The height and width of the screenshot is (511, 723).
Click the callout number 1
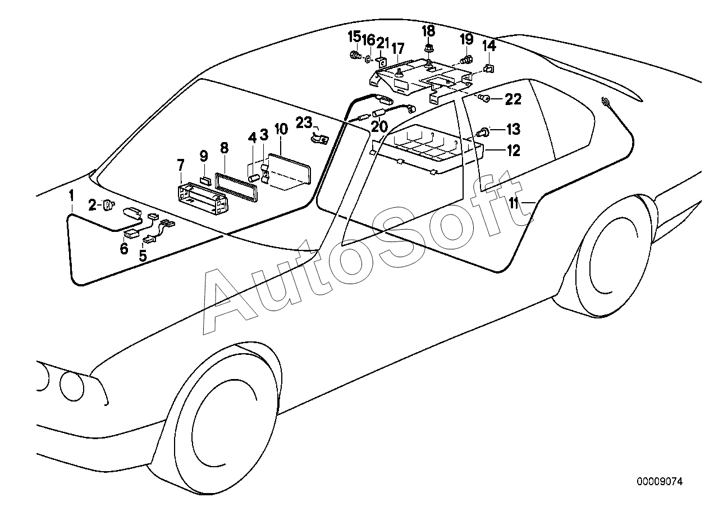pos(72,196)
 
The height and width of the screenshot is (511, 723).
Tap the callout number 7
pos(180,165)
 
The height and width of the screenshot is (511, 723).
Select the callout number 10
pos(281,129)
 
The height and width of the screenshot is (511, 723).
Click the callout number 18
pos(428,31)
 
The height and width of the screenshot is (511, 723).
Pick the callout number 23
pos(304,121)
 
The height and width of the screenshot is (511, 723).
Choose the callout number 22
pos(513,99)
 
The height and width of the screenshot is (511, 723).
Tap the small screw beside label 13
pos(482,133)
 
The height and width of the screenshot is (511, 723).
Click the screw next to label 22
pos(484,99)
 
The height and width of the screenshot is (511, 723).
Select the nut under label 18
pos(428,49)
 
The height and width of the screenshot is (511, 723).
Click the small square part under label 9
pos(205,181)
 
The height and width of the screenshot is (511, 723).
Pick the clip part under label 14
pos(488,69)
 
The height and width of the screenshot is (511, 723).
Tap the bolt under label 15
pos(354,55)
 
